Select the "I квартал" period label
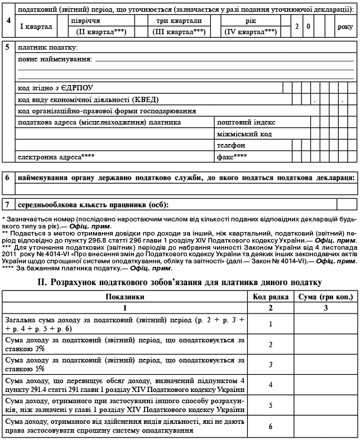(36, 27)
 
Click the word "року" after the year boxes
(345, 27)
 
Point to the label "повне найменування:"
(55, 60)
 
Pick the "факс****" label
(232, 157)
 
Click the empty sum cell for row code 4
(325, 385)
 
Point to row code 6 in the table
(269, 426)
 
